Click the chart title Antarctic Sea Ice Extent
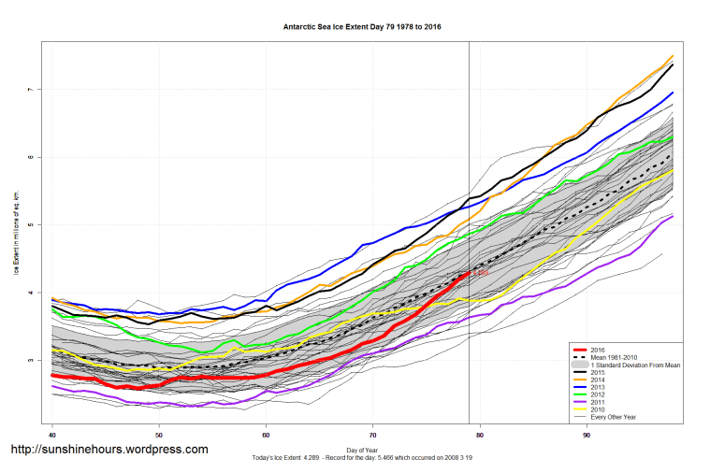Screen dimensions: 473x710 (361, 27)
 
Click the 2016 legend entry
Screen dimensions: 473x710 (600, 348)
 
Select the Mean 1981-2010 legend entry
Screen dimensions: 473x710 (614, 355)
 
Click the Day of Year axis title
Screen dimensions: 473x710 (363, 451)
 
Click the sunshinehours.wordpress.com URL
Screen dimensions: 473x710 (109, 450)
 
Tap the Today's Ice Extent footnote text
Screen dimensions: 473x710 (363, 458)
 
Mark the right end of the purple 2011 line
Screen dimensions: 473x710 (672, 217)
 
